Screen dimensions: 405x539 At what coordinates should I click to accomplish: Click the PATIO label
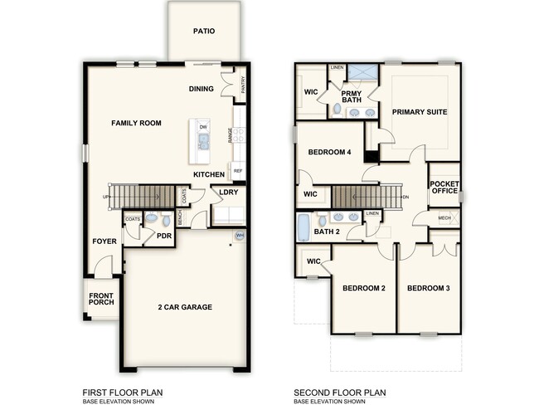204,32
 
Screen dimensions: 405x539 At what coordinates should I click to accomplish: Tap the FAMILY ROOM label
136,123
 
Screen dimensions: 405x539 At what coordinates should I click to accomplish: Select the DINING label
201,89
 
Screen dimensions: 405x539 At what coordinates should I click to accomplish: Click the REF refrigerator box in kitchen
238,172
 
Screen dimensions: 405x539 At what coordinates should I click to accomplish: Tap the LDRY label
228,193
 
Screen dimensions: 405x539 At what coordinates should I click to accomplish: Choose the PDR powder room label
164,236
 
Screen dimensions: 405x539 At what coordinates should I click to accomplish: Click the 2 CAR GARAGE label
185,307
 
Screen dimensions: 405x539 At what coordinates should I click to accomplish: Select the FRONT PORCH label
101,297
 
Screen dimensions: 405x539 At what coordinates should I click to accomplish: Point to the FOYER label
104,242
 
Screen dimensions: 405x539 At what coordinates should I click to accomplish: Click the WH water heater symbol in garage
240,236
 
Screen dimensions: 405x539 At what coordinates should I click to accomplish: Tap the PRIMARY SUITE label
419,112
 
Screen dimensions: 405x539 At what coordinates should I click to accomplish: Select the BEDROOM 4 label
330,153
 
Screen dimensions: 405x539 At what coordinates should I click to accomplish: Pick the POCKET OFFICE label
444,188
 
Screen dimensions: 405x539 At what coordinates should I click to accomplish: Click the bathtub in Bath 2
303,227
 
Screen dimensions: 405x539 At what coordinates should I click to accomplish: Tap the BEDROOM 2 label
365,288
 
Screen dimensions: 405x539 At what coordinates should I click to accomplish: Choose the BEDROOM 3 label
428,288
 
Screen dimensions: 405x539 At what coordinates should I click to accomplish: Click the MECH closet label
444,217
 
